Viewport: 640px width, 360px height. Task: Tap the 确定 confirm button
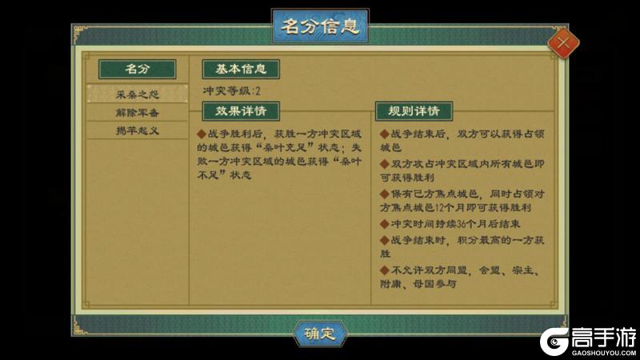(320, 334)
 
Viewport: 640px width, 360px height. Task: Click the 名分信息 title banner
(320, 25)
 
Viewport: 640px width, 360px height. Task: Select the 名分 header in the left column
(137, 69)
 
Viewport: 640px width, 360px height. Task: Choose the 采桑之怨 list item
(137, 94)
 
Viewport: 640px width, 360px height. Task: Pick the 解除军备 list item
(137, 112)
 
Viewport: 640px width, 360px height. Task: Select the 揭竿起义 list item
(137, 130)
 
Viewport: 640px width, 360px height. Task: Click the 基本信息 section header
(240, 69)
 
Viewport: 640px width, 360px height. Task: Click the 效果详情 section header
(240, 110)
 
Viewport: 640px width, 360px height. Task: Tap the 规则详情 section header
(414, 110)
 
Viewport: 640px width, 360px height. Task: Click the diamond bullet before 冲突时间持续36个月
(384, 224)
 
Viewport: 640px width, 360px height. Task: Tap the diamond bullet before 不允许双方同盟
(384, 269)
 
